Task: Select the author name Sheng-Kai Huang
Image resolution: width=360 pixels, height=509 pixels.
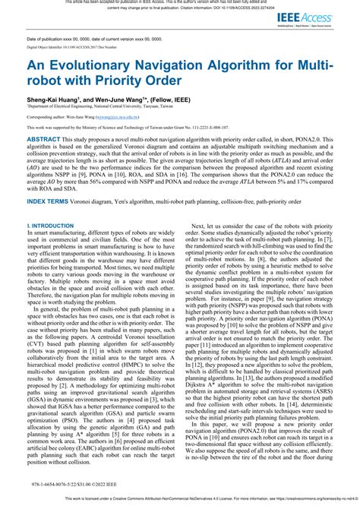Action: (x=54, y=100)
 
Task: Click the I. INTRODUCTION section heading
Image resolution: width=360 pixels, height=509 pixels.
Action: (x=55, y=226)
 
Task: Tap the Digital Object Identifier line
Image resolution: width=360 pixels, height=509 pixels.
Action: (x=71, y=47)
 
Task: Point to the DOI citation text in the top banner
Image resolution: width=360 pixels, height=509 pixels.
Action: (x=251, y=8)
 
